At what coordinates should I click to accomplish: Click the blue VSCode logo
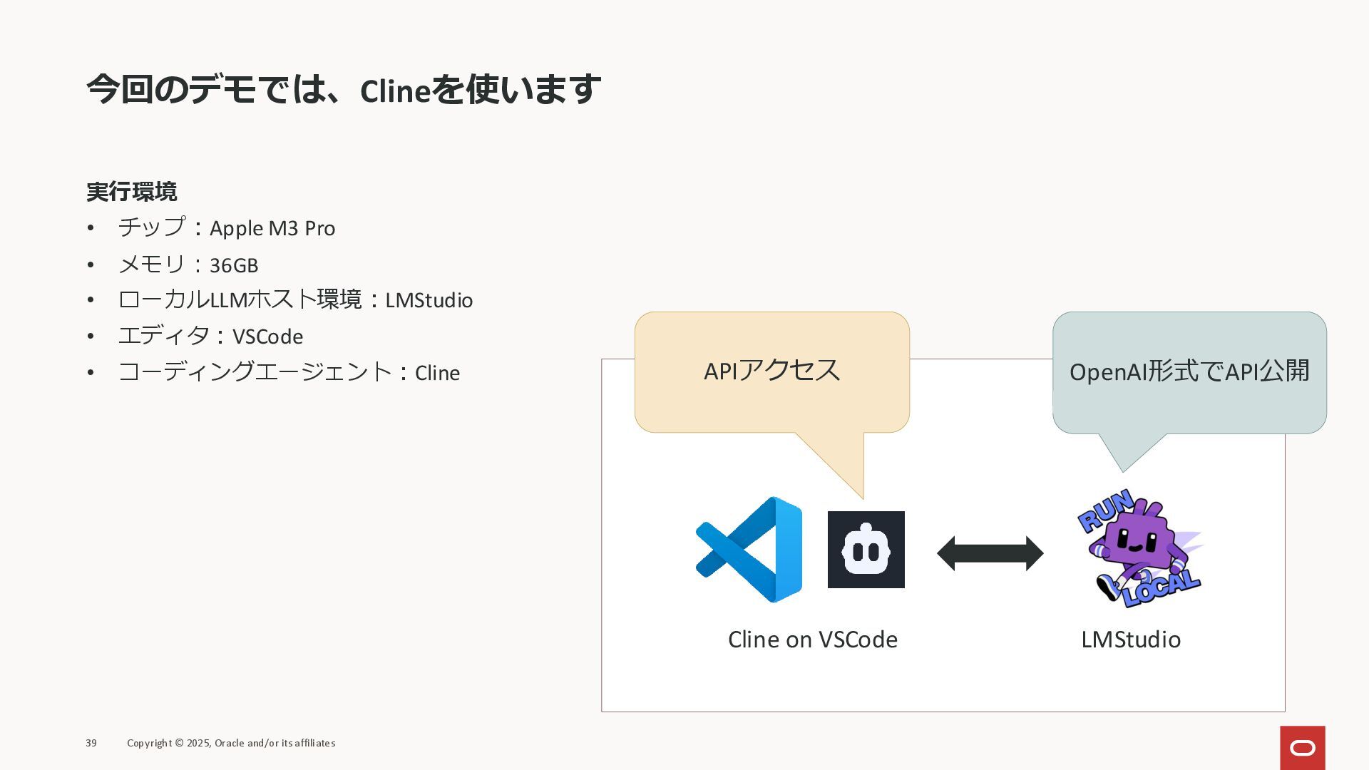[x=749, y=550]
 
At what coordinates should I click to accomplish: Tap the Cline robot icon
[x=866, y=550]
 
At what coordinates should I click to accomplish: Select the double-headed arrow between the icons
[x=990, y=553]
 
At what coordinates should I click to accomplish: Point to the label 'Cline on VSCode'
[x=812, y=640]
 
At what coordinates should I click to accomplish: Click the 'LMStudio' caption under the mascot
[x=1130, y=640]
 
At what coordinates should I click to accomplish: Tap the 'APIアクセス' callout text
[x=771, y=371]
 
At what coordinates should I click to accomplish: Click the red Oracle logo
[x=1302, y=747]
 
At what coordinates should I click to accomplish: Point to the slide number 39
[x=91, y=743]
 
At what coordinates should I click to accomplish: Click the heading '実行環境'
[x=131, y=192]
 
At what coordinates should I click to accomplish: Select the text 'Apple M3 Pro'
[x=272, y=228]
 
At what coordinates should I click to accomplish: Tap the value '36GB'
[x=234, y=265]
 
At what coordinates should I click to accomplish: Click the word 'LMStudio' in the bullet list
[x=429, y=300]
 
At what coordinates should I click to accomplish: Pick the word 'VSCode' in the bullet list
[x=267, y=337]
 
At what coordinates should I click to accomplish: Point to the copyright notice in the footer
[x=231, y=743]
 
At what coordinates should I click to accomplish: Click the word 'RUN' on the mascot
[x=1105, y=509]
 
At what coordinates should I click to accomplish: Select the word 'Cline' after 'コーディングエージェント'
[x=437, y=373]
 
